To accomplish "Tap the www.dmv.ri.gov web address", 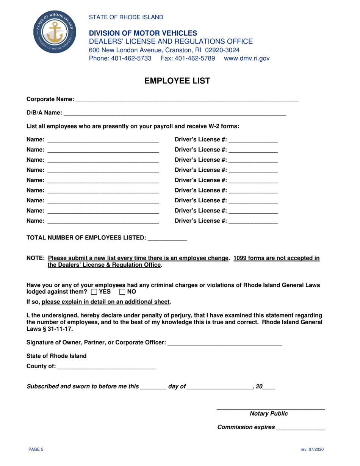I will pyautogui.click(x=247, y=58).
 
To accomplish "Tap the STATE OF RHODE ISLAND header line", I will pyautogui.click(x=126, y=17).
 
